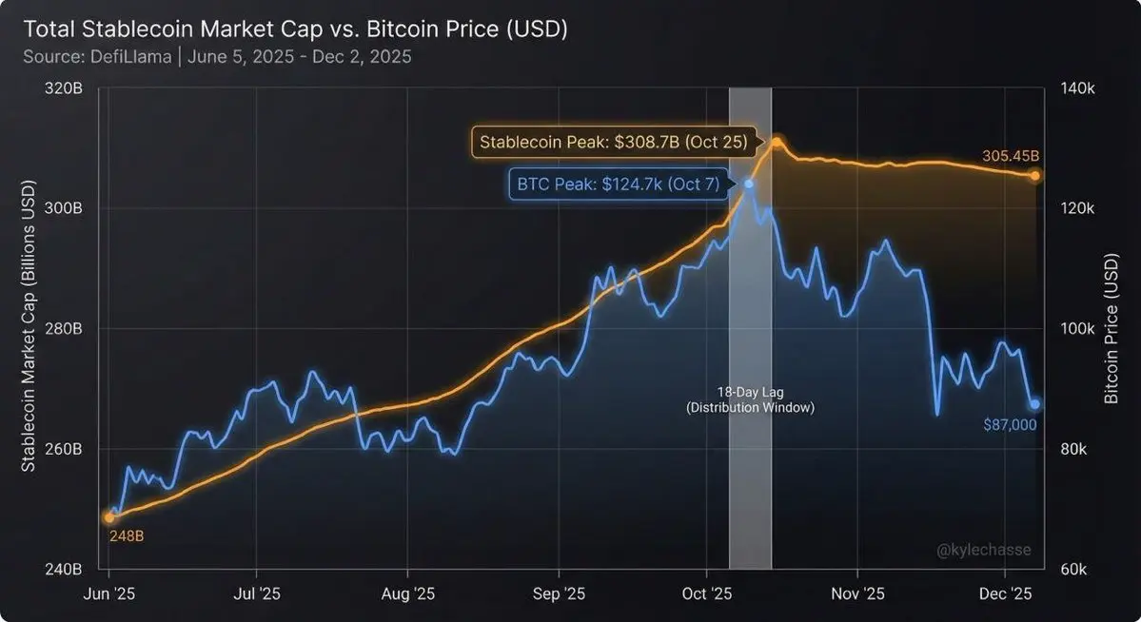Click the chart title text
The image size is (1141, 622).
(x=296, y=29)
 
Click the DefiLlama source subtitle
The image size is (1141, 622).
(x=217, y=56)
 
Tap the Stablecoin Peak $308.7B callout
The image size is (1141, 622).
(x=615, y=143)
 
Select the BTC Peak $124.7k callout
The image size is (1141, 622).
(x=620, y=184)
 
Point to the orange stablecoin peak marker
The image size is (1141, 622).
(x=777, y=142)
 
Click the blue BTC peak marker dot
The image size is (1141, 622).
(x=749, y=184)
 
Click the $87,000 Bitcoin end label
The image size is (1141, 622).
(x=1010, y=425)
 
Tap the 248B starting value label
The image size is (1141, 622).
(x=126, y=536)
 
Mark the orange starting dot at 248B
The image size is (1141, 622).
(x=109, y=517)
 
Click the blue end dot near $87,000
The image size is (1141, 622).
(x=1034, y=404)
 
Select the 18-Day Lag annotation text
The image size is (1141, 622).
(x=750, y=399)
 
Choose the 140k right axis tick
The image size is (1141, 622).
(x=1080, y=88)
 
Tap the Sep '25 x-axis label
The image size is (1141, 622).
(x=559, y=593)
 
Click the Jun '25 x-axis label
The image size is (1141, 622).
(x=109, y=593)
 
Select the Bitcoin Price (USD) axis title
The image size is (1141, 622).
(x=1111, y=329)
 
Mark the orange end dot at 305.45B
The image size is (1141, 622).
(x=1034, y=176)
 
